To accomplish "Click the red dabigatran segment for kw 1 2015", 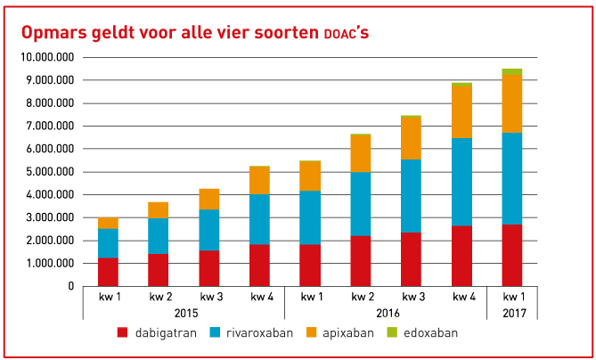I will tap(108, 272).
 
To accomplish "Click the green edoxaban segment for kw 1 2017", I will tap(511, 71).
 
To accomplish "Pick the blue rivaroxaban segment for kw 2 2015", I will tap(158, 236).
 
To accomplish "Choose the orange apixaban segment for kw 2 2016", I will tap(360, 153).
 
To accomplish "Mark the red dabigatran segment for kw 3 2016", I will tap(411, 259).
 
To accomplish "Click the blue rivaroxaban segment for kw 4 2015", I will tap(259, 219).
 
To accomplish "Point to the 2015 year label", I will tap(184, 313).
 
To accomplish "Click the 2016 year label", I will tap(386, 313).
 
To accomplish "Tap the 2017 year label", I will tap(512, 313).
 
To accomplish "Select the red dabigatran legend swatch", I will tap(124, 332).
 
